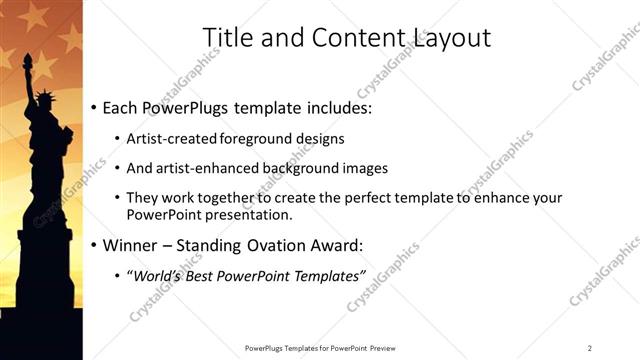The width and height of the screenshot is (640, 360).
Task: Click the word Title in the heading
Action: click(226, 38)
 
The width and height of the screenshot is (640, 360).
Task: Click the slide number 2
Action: click(590, 347)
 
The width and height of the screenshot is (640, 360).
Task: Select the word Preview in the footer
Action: click(380, 347)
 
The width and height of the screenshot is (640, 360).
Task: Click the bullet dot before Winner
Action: click(94, 246)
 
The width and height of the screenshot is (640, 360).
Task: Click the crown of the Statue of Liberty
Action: click(46, 97)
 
